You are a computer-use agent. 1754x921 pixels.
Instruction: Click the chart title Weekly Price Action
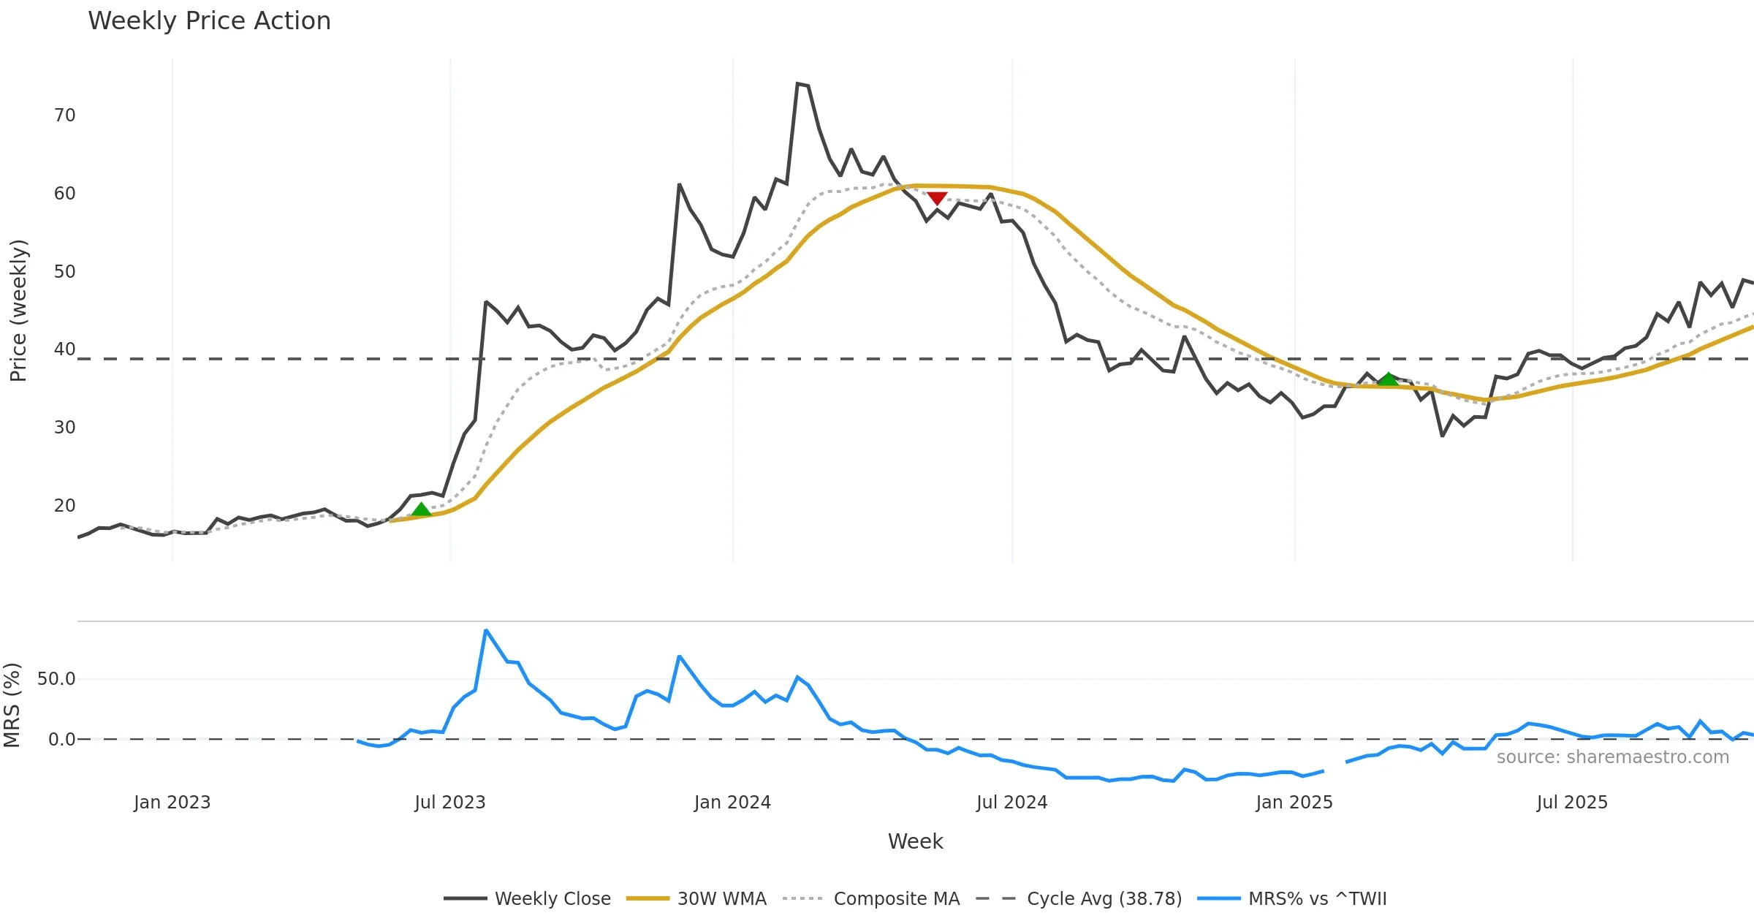[x=209, y=21]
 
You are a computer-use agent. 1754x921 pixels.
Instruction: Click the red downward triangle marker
[x=937, y=198]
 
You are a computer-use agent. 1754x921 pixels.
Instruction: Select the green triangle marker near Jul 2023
[x=421, y=509]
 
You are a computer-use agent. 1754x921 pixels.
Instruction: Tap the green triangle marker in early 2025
[x=1388, y=379]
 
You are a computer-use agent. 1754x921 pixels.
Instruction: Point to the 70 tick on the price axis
[x=64, y=115]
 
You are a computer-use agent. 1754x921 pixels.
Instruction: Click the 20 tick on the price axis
[x=64, y=506]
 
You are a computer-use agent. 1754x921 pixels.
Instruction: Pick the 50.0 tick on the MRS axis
[x=56, y=679]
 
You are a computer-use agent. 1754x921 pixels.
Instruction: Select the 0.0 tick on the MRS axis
[x=61, y=740]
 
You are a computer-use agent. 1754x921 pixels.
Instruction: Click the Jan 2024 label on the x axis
[x=732, y=803]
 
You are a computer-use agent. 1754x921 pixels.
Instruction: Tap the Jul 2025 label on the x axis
[x=1572, y=803]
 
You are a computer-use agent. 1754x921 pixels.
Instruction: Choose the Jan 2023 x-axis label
[x=172, y=803]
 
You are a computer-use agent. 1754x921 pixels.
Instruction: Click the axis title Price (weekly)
[x=18, y=311]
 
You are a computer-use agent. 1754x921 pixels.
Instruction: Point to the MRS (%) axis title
[x=12, y=705]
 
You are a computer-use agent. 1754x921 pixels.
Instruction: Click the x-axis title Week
[x=915, y=842]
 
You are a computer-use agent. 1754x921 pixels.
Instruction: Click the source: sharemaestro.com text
[x=1612, y=757]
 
